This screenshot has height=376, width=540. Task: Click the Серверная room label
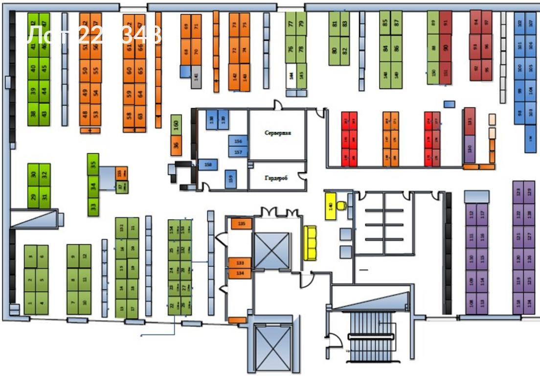(278, 133)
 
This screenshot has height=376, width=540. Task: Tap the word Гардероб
(277, 179)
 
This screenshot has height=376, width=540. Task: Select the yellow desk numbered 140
(331, 206)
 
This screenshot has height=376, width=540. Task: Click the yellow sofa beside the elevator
(311, 243)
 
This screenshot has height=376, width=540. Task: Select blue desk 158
(208, 165)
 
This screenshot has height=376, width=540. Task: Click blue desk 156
(238, 141)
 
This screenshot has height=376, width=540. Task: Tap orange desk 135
(241, 224)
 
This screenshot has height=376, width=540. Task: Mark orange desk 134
(241, 273)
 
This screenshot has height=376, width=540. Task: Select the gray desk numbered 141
(196, 76)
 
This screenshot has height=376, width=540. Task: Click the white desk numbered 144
(291, 75)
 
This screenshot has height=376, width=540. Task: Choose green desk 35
(93, 164)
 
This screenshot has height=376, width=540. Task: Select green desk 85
(385, 23)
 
